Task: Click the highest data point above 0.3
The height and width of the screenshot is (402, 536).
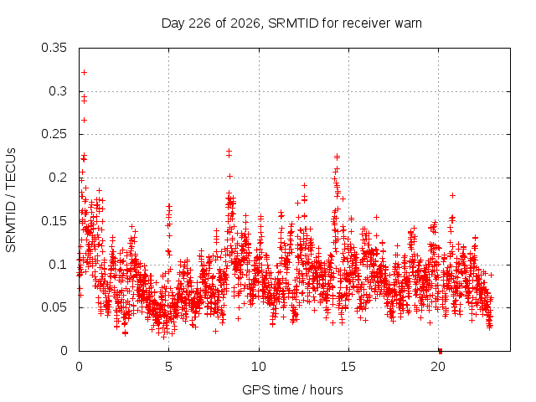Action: pos(84,73)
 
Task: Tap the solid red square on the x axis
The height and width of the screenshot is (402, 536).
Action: pos(441,351)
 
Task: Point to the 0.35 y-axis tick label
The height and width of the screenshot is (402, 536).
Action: pos(54,48)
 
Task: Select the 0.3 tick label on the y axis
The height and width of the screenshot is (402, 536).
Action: pos(58,91)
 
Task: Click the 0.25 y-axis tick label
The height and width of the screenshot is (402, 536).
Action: pos(54,134)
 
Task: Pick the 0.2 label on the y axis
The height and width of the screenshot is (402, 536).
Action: pos(58,178)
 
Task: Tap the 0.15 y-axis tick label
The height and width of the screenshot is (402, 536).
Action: pos(54,221)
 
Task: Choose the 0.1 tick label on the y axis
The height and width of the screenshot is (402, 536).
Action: pos(58,265)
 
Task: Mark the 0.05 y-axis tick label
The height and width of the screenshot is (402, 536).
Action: pos(54,307)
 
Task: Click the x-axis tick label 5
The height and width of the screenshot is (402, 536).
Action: pos(169,367)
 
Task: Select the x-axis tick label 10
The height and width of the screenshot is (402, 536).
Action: pos(259,367)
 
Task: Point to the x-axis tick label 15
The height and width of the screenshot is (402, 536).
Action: pos(348,367)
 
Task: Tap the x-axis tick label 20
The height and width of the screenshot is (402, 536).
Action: pos(438,367)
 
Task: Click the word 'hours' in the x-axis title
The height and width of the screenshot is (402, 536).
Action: pos(326,390)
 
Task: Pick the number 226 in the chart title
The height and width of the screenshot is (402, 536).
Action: pos(200,23)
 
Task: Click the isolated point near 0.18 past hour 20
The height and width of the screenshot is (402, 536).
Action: pos(452,195)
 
